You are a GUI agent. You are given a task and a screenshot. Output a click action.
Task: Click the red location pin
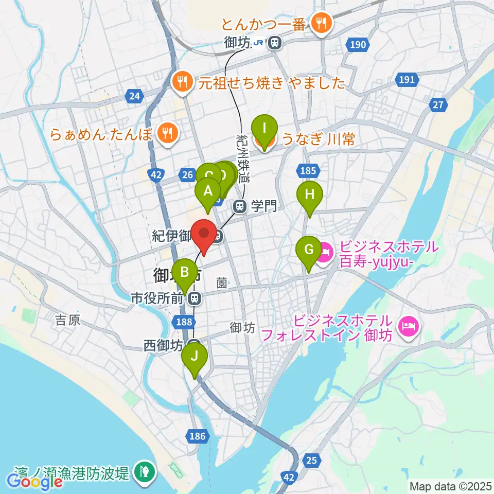204,235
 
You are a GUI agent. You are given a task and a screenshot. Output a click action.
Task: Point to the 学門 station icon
240,206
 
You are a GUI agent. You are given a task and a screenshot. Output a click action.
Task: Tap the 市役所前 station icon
195,297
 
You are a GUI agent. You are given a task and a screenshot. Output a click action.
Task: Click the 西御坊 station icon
194,344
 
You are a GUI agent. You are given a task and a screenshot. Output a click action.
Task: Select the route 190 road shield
358,45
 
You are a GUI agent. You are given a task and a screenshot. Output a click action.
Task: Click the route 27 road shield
438,105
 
